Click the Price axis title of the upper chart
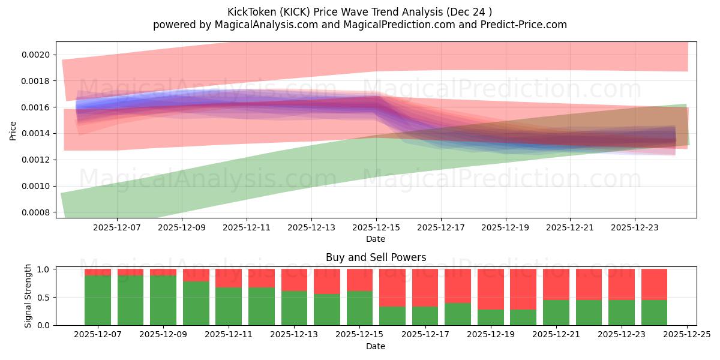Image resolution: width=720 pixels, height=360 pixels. [x=13, y=130]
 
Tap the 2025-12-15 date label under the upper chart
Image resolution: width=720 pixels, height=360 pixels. [x=376, y=228]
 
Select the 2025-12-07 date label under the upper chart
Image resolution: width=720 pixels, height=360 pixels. [x=117, y=228]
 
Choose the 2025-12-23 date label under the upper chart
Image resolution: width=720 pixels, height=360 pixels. [x=634, y=228]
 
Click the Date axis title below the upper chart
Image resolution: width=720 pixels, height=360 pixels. [x=376, y=239]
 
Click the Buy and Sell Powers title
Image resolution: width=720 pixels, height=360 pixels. [x=376, y=257]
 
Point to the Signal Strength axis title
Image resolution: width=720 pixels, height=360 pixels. [x=28, y=296]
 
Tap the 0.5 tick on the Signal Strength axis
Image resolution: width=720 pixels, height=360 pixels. [x=44, y=298]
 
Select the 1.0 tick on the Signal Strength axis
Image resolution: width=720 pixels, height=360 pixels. [x=44, y=269]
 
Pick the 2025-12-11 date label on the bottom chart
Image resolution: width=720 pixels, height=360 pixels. [x=229, y=335]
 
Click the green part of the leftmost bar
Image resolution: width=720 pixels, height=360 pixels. [x=97, y=300]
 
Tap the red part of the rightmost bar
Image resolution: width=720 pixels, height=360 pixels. [x=654, y=284]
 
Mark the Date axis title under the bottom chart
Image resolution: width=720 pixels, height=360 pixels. [x=376, y=346]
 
